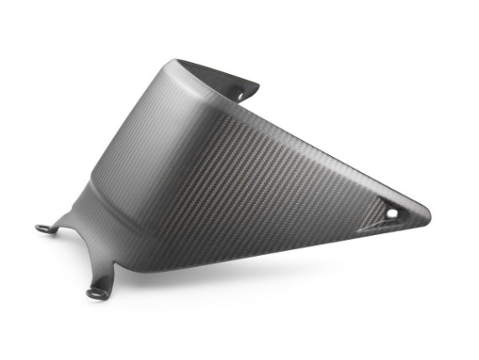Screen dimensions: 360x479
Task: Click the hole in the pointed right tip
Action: (392, 214)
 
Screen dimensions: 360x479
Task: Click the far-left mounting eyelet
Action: (42, 227)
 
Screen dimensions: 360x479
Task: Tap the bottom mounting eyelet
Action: (95, 293)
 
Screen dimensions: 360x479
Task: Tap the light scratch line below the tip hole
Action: (373, 228)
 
